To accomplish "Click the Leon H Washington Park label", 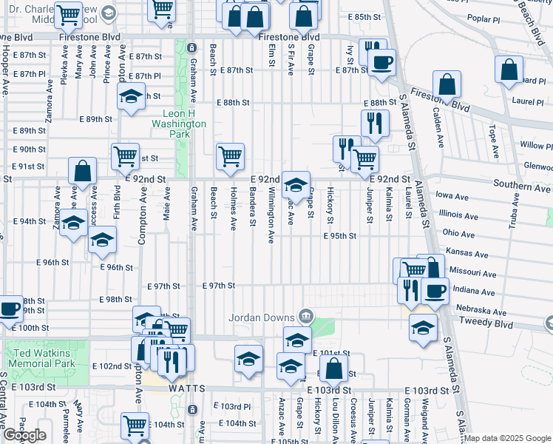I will pos(184,118).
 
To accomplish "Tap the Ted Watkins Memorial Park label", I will pos(41,359).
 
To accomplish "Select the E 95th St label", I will pos(339,236).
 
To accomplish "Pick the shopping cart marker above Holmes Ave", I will pos(230,156).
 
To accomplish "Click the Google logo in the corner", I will pos(24,435).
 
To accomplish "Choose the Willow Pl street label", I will pos(536,145).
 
